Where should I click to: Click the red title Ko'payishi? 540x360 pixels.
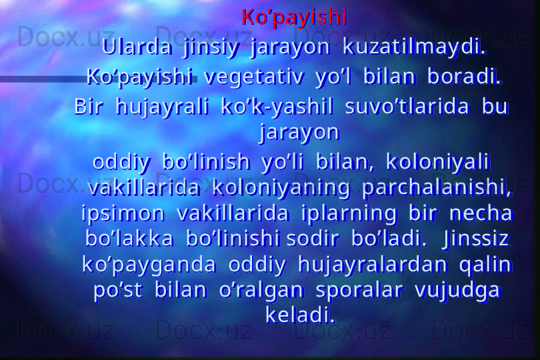(295, 17)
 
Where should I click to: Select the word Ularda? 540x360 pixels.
(137, 47)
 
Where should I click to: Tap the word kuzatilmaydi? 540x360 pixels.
(415, 47)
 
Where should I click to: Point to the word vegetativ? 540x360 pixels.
(254, 77)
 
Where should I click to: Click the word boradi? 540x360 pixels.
(465, 77)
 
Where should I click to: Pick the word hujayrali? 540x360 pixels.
(163, 107)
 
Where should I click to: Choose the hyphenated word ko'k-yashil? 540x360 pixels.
(277, 107)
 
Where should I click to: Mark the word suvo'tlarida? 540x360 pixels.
(407, 107)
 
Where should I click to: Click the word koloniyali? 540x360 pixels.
(437, 162)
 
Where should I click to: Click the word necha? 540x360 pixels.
(481, 213)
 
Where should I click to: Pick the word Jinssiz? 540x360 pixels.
(477, 239)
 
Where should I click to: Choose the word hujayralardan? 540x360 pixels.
(373, 265)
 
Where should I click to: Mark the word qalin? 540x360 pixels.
(485, 265)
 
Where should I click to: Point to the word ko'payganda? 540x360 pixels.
(149, 265)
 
